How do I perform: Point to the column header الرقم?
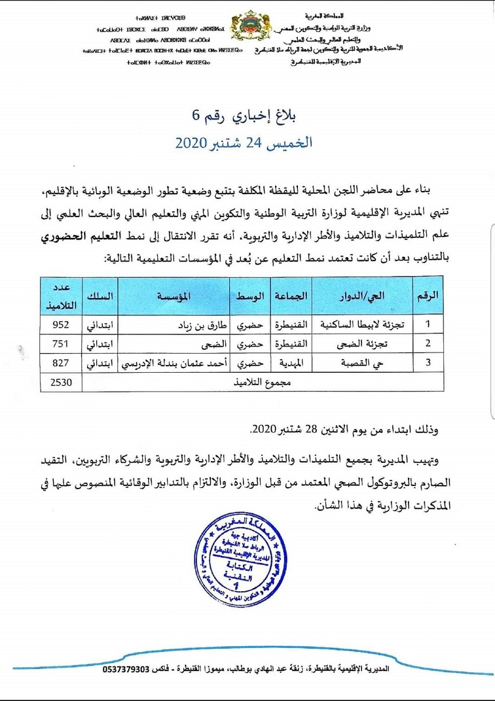coord(428,296)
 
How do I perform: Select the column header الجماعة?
coord(292,296)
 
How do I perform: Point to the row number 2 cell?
coord(428,343)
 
